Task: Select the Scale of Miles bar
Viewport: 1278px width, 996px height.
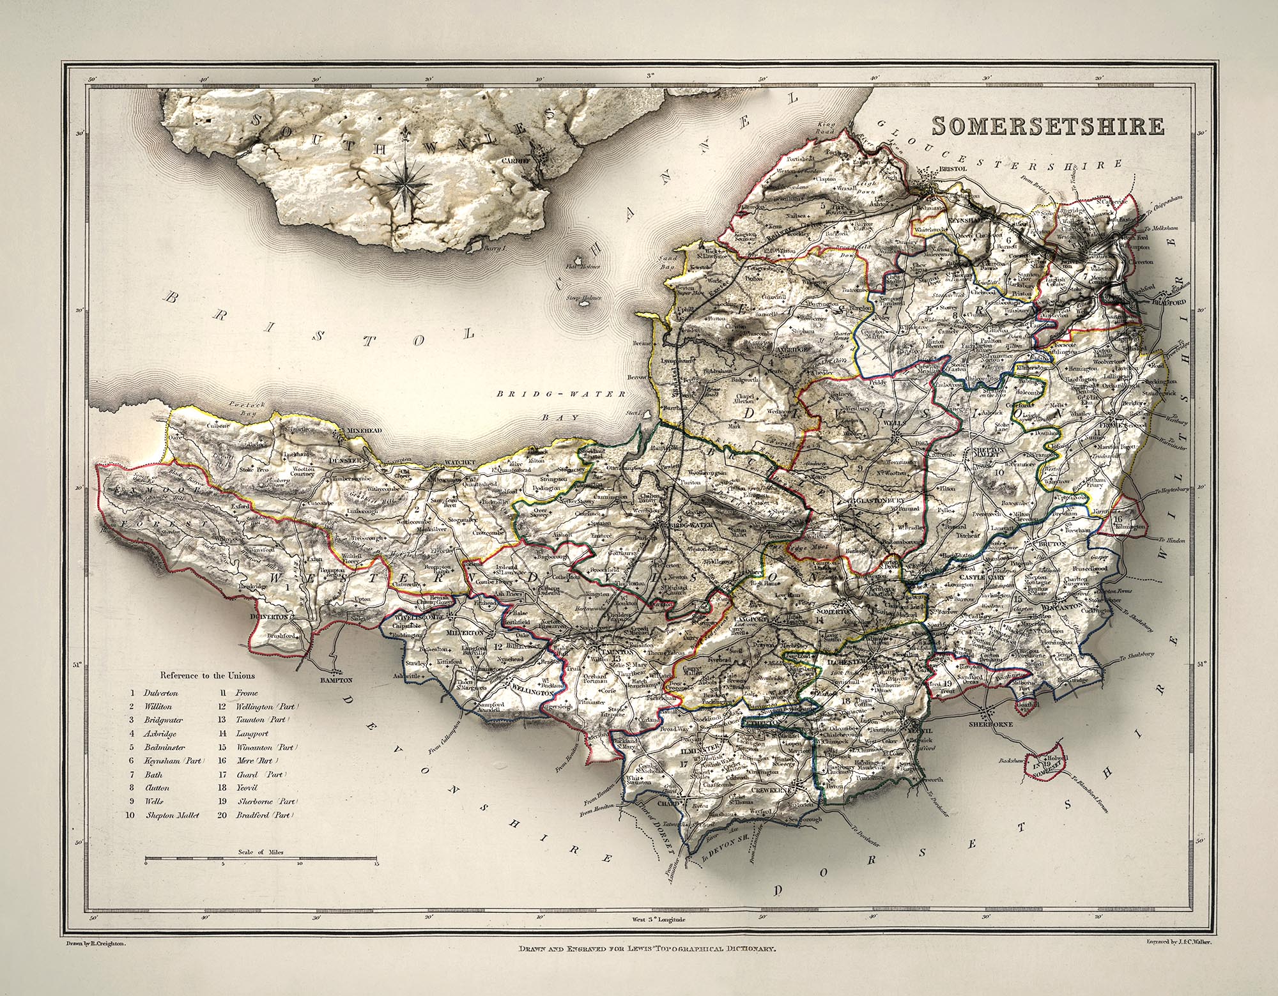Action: coord(261,862)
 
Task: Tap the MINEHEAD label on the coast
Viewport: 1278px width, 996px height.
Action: coord(364,431)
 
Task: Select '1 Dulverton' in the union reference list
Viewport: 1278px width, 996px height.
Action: coord(153,692)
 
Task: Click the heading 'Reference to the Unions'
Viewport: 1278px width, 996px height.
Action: coord(207,675)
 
